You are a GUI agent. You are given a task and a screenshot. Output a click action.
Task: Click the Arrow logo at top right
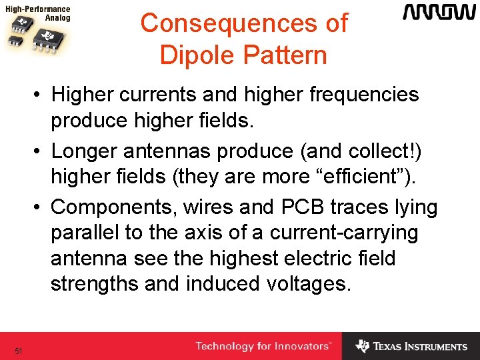click(435, 13)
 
